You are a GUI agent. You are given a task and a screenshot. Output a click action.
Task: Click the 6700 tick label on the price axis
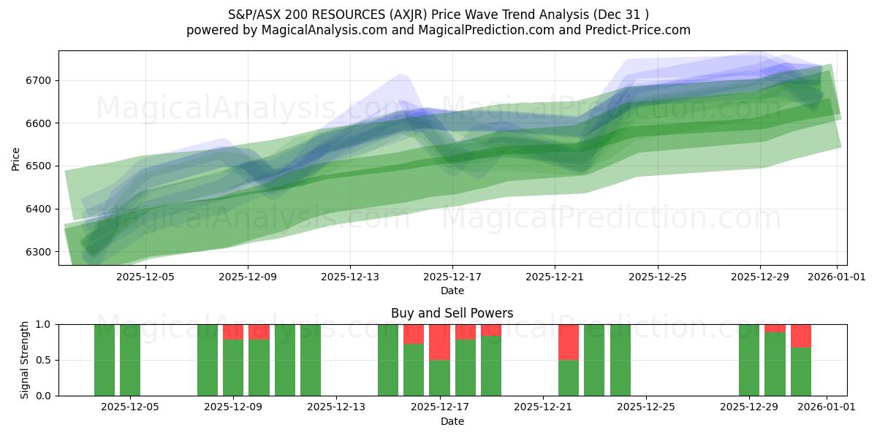[37, 80]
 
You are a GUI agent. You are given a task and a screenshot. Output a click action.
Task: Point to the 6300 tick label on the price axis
[37, 252]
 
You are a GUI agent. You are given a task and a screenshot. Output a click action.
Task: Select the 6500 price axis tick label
[37, 166]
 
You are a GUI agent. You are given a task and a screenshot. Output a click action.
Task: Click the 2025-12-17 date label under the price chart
[452, 277]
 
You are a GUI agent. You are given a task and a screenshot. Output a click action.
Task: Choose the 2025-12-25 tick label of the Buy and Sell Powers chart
[647, 407]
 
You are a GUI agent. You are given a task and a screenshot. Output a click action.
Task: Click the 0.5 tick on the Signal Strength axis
[44, 360]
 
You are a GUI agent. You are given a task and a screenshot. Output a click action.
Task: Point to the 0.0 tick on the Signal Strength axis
[44, 396]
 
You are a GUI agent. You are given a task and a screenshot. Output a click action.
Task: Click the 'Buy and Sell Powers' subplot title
[452, 313]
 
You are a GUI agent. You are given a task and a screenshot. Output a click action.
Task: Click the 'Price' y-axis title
[16, 158]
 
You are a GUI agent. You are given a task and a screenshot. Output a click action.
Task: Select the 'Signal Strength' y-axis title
[25, 360]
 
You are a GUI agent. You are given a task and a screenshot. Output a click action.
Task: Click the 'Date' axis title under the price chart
[452, 291]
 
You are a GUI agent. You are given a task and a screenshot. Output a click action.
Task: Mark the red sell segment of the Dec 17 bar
[439, 342]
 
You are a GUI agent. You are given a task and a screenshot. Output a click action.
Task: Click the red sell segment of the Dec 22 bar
[569, 342]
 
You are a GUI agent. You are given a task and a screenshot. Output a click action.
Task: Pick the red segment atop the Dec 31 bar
[801, 336]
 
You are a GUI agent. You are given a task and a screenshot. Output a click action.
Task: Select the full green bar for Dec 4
[105, 360]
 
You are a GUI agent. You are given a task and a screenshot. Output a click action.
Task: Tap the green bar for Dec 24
[620, 360]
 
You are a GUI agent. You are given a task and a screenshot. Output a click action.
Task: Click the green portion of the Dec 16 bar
[414, 369]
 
